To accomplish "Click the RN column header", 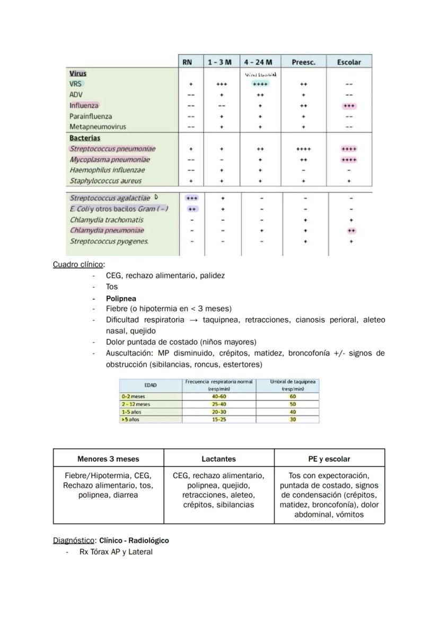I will coord(187,62).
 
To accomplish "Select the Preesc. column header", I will coord(303,62).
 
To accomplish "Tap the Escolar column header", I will coord(348,62).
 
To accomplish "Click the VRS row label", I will coord(75,84).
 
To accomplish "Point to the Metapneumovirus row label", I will coord(98,127).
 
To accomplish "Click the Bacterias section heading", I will coord(85,138).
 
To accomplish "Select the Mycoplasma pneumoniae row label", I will coord(110,159).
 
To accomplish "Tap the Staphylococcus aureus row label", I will coord(106,181).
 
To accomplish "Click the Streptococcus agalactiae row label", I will coord(110,198).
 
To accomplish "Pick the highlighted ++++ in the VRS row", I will coord(260,84).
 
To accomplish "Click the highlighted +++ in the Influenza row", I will coord(349,105).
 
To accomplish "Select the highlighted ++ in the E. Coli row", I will coord(192,209).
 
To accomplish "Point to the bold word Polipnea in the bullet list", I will coord(121,298).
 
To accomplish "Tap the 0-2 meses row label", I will coord(133,396).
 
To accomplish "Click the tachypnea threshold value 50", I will coord(293,404).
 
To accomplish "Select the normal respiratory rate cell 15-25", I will coord(218,419).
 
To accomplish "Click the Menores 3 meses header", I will coord(108,459).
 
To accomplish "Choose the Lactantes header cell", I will coord(218,459).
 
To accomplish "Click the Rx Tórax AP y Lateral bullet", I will coord(116,552).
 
